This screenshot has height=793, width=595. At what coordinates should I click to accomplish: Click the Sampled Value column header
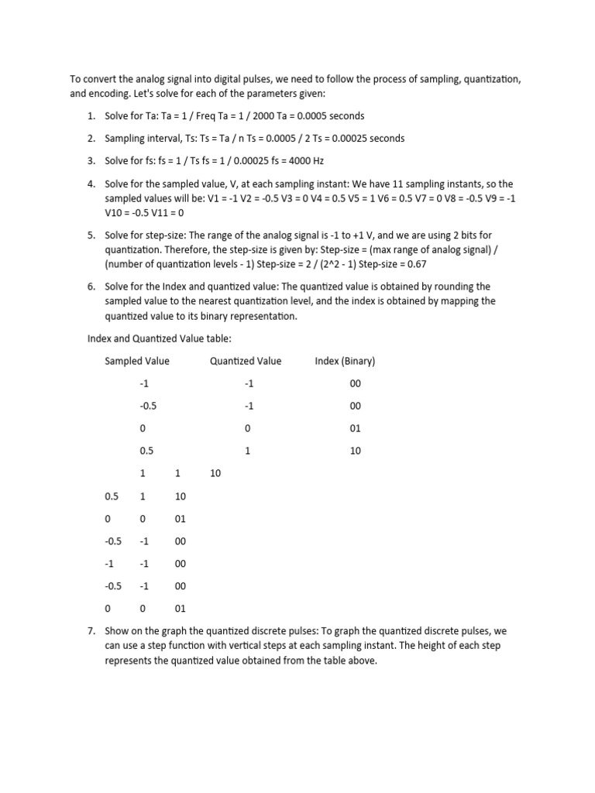click(x=137, y=361)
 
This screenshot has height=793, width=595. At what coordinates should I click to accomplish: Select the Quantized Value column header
click(x=246, y=361)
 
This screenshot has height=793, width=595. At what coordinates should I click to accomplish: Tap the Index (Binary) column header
click(x=345, y=361)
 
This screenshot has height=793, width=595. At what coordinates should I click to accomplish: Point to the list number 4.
click(x=91, y=184)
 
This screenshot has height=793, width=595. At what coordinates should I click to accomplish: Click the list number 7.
click(x=91, y=631)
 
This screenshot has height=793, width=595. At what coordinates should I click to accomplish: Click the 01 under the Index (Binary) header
click(x=355, y=428)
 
